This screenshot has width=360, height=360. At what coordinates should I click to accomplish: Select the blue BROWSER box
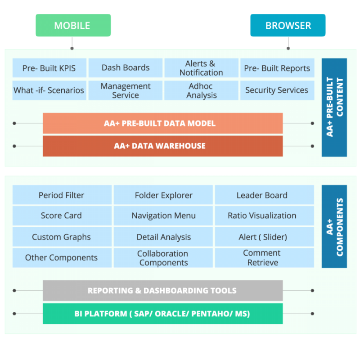tap(288, 25)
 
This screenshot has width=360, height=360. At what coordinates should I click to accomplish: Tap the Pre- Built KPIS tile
tap(49, 68)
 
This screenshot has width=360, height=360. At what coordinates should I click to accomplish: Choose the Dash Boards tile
tap(125, 68)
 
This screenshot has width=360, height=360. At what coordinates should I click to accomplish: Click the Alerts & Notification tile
tap(201, 68)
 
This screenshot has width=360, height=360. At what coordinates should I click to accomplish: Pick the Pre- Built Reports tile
tap(277, 68)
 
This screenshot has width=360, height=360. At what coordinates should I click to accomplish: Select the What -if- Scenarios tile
tap(49, 90)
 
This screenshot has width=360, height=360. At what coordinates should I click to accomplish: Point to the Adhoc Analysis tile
tap(201, 90)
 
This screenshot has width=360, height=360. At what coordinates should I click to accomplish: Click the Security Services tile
tap(277, 90)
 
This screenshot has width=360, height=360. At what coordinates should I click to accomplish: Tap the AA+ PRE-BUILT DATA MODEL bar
tap(162, 123)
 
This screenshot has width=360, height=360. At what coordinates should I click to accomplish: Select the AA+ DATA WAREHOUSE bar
tap(162, 146)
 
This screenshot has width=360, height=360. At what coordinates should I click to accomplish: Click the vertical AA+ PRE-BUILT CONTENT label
tap(334, 107)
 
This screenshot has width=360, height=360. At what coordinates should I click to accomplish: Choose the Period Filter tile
tap(62, 195)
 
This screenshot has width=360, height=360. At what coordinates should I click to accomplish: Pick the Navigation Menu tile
tap(163, 216)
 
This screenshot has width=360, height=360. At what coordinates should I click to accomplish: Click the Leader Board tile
tap(262, 195)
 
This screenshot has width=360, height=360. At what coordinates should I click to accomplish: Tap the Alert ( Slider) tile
tap(262, 237)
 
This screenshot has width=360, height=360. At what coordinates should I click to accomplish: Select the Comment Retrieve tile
tap(262, 258)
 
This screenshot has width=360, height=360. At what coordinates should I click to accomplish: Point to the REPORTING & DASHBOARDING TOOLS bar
tap(162, 291)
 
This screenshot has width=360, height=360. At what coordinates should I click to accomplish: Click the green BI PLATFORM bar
tap(162, 314)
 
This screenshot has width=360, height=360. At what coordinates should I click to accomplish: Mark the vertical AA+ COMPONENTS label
tap(334, 226)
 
